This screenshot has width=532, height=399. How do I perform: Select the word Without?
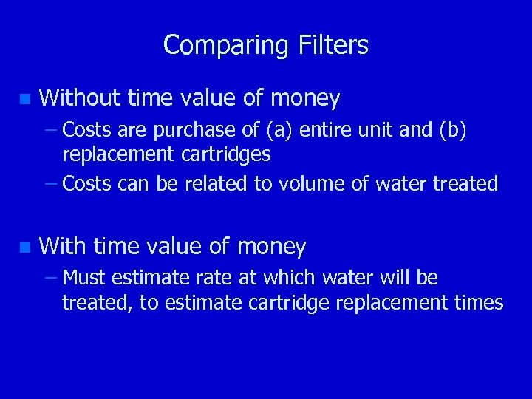click(81, 98)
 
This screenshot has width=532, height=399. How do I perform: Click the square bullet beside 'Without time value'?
click(25, 98)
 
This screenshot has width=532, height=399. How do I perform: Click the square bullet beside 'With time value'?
click(25, 247)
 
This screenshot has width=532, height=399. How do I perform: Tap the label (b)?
click(453, 131)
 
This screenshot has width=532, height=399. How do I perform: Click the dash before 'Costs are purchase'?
click(50, 131)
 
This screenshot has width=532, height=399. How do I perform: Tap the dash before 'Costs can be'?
click(50, 183)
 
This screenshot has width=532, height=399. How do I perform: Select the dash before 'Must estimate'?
click(50, 278)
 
